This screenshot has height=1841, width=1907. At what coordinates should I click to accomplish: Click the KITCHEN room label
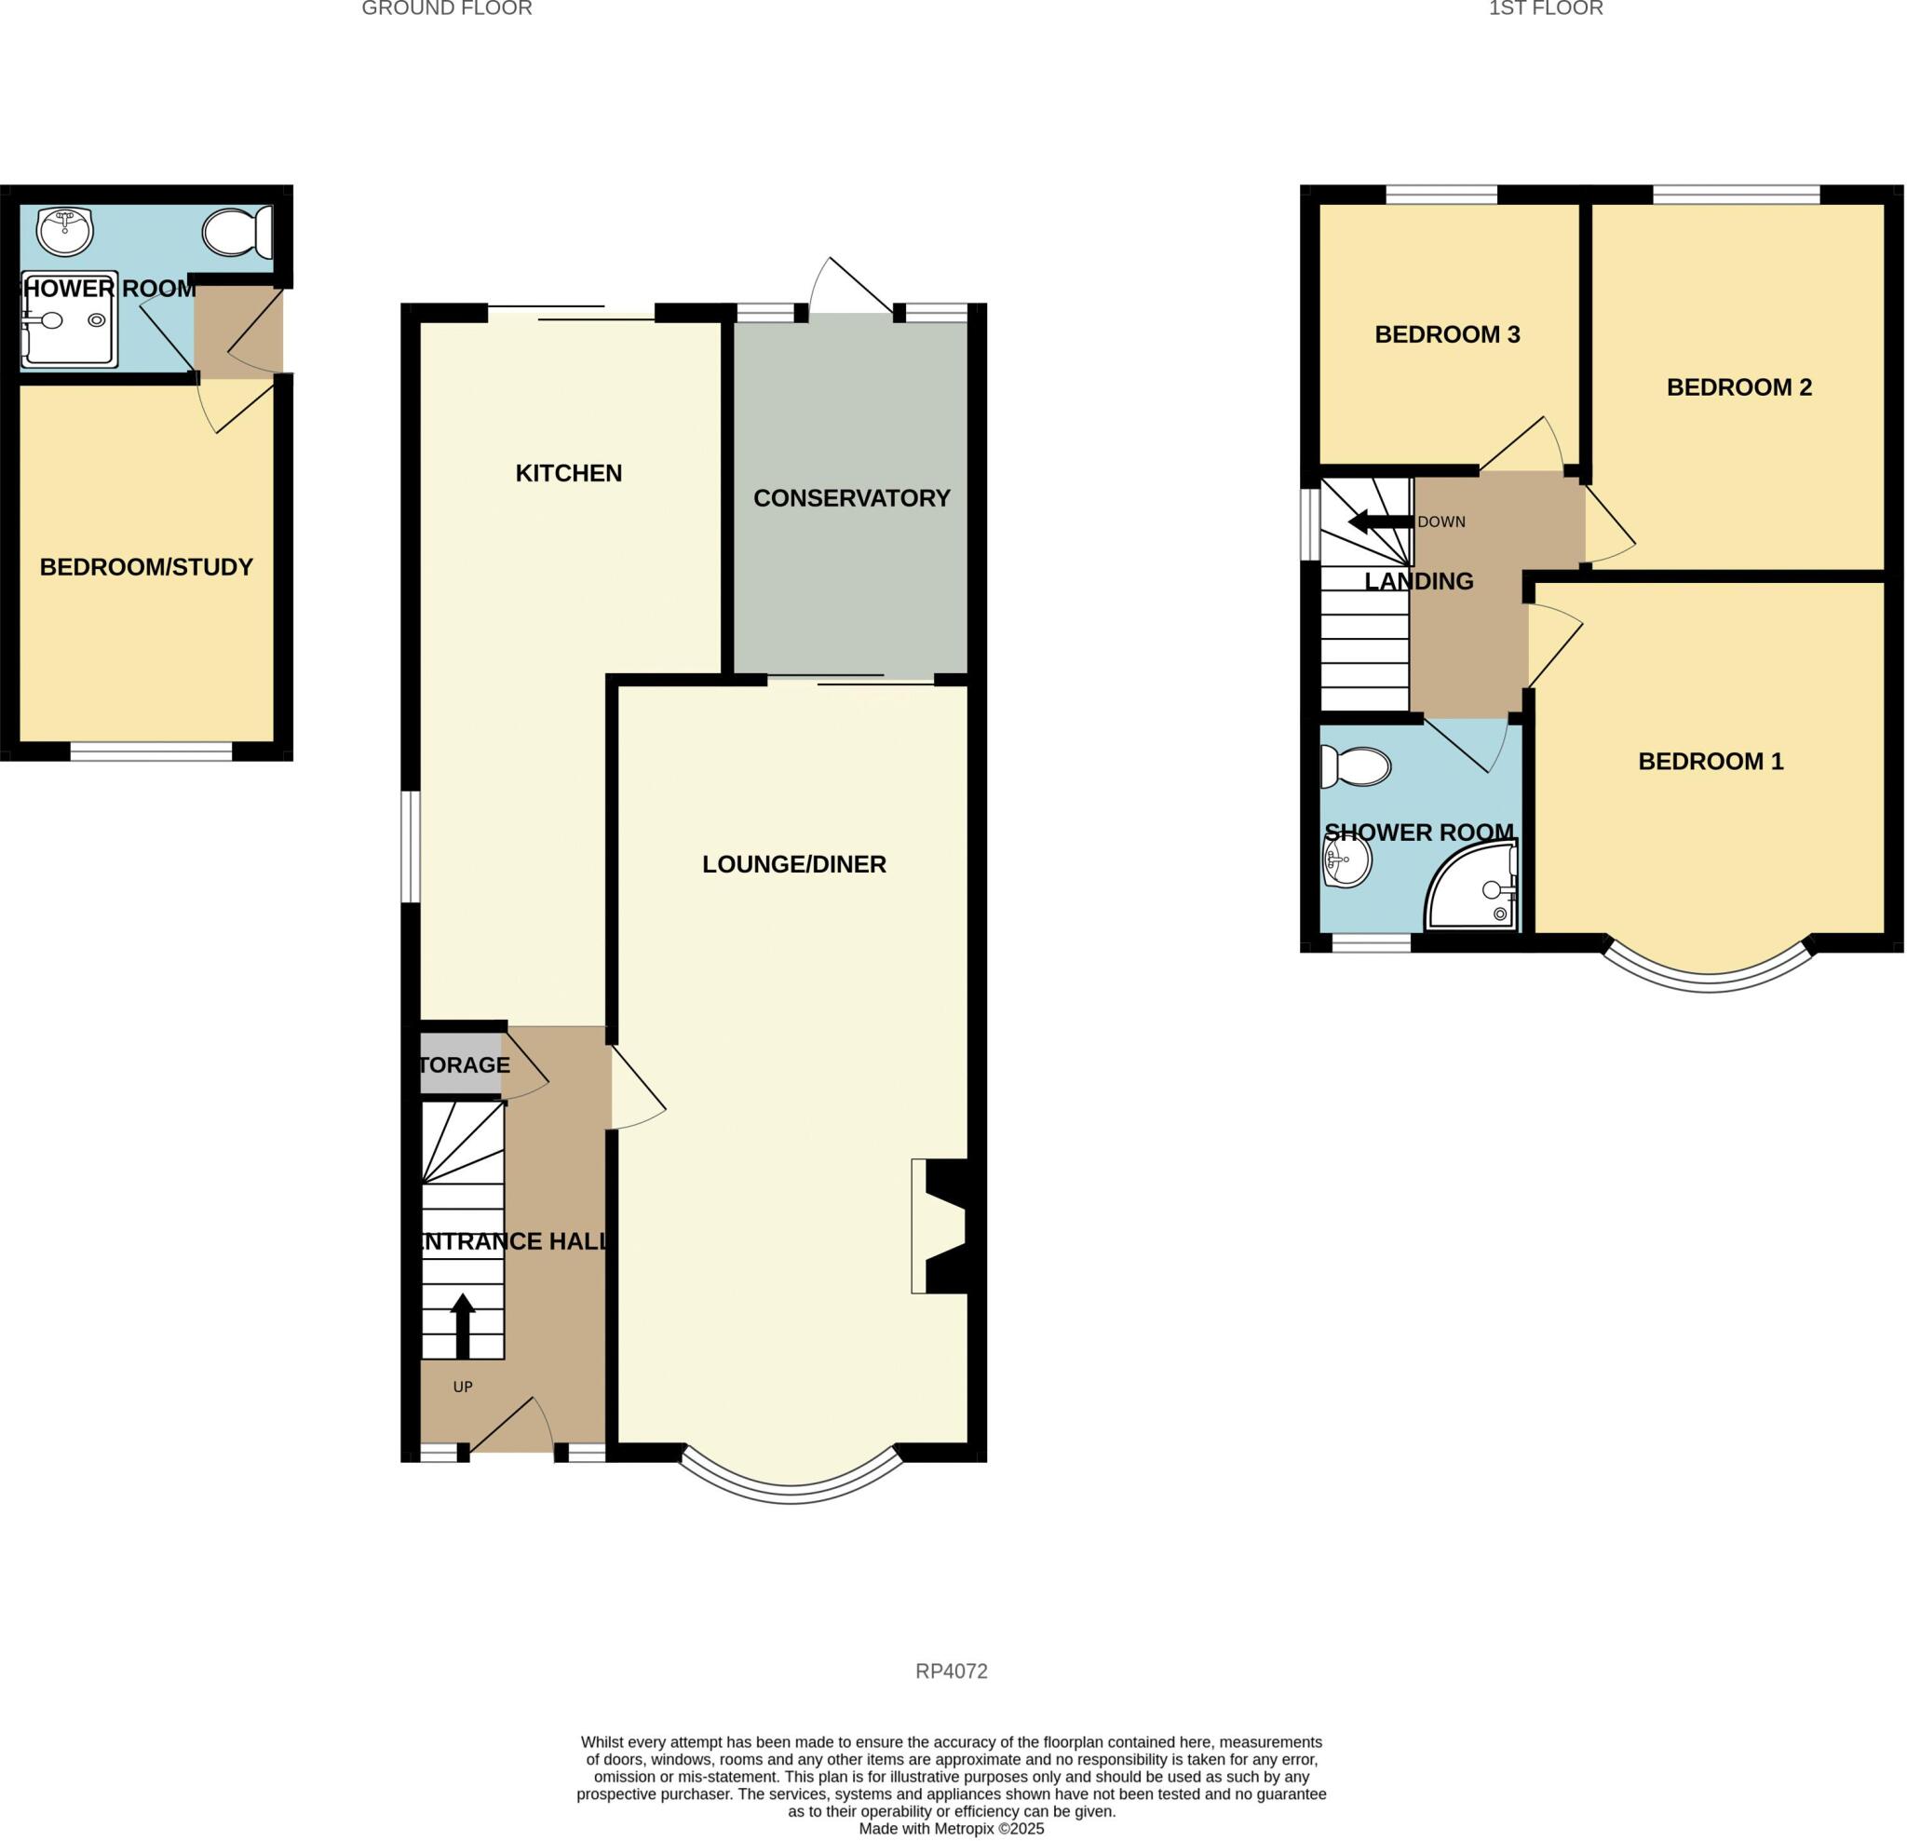pos(568,474)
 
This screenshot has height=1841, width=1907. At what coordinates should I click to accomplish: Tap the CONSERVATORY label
pos(850,498)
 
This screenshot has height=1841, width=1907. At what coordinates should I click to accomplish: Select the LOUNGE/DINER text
pos(793,864)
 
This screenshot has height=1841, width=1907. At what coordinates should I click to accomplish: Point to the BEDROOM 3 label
pos(1446,334)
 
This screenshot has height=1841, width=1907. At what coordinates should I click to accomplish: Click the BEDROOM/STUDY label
pos(146,567)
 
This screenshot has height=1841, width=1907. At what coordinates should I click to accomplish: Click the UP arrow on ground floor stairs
pos(463,1325)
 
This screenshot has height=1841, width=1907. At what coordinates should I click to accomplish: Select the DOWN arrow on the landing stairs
pos(1379,522)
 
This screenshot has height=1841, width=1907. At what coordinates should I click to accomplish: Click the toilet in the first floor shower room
pos(1356,766)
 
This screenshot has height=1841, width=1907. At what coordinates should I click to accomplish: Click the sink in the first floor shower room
pos(1346,861)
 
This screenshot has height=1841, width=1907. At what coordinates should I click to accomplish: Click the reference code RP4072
pos(951,1671)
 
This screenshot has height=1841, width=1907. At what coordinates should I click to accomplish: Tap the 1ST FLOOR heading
pos(1545,8)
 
